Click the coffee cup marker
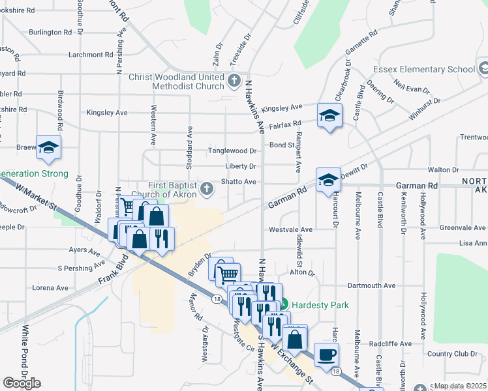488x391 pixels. pos(326,355)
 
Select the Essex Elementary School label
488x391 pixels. pos(423,70)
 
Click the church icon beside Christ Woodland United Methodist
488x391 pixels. pos(236,81)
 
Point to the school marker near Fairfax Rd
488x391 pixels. pos(329,116)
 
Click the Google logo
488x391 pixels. pos(22,383)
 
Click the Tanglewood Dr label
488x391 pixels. pos(232,151)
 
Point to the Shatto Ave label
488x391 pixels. pos(241,182)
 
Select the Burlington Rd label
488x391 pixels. pos(50,32)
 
